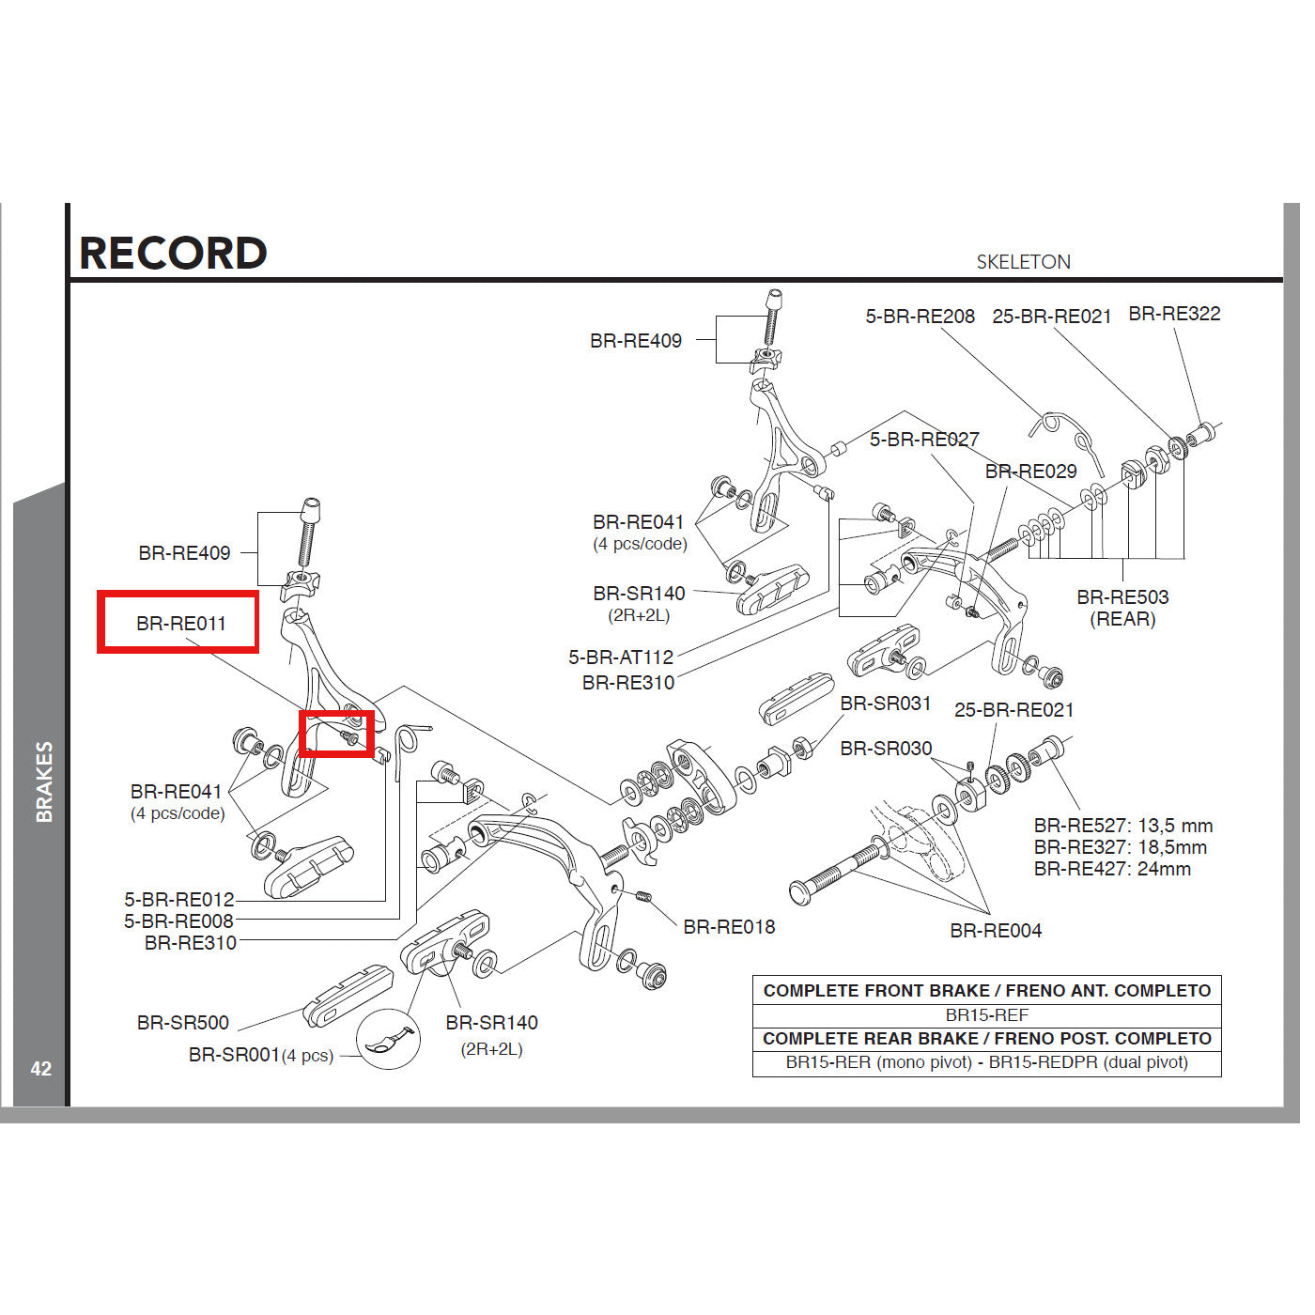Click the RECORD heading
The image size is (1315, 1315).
click(x=173, y=254)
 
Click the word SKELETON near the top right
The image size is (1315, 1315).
click(x=1023, y=262)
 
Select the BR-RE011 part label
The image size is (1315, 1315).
click(x=180, y=623)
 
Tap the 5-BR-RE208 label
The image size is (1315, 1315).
click(x=920, y=317)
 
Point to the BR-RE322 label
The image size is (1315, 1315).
click(x=1174, y=314)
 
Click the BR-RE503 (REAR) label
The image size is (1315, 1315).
click(x=1122, y=607)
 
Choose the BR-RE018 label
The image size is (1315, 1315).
click(x=729, y=927)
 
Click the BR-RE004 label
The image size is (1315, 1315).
click(x=996, y=931)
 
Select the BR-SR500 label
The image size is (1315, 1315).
click(x=183, y=1023)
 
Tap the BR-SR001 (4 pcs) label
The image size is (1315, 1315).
click(x=260, y=1055)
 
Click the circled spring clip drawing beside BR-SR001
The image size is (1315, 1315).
click(x=388, y=1039)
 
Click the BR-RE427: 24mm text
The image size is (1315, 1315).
click(x=1112, y=869)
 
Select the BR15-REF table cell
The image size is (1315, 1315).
click(x=986, y=1015)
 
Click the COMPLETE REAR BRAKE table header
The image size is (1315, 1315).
click(x=986, y=1039)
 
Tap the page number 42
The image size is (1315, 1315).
click(x=40, y=1069)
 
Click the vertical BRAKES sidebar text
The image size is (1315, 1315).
click(x=44, y=781)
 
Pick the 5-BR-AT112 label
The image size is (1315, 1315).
click(x=621, y=657)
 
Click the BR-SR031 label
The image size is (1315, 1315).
click(x=885, y=704)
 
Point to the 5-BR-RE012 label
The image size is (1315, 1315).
click(x=179, y=899)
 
